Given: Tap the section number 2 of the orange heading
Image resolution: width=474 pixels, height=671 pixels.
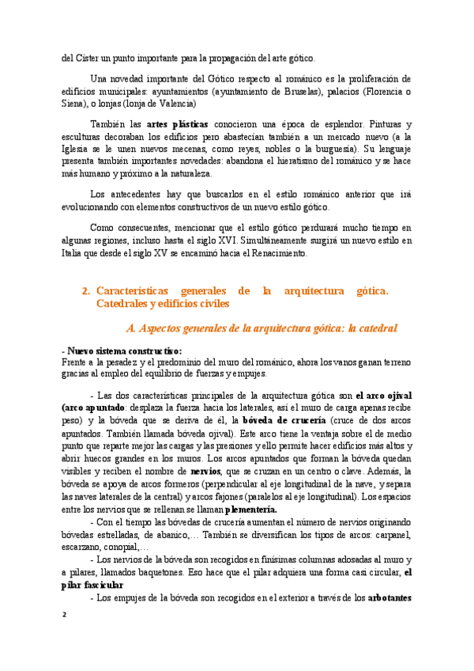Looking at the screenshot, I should pyautogui.click(x=86, y=291).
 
